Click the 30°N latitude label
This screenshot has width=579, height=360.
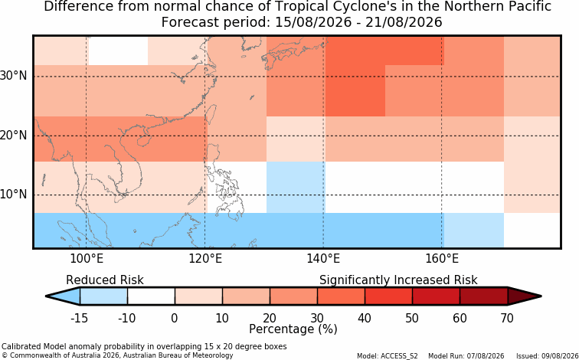pyautogui.click(x=14, y=77)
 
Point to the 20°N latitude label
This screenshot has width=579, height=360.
pyautogui.click(x=14, y=136)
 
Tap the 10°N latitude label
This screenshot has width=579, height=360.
pyautogui.click(x=14, y=195)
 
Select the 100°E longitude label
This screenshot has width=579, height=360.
pyautogui.click(x=87, y=259)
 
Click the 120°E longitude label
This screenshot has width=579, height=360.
pyautogui.click(x=205, y=259)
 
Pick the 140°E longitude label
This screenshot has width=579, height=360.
pyautogui.click(x=323, y=259)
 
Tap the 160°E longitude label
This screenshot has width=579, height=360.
pyautogui.click(x=442, y=259)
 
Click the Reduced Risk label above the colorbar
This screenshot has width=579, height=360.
pyautogui.click(x=105, y=280)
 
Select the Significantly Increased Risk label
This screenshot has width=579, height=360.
pyautogui.click(x=398, y=280)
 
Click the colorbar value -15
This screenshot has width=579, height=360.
pyautogui.click(x=80, y=318)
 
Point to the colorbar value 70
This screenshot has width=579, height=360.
pyautogui.click(x=507, y=318)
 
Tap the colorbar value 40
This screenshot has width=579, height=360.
pyautogui.click(x=365, y=318)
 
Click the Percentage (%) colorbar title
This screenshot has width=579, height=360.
pyautogui.click(x=293, y=329)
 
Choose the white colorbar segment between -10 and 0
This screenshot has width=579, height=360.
pyautogui.click(x=151, y=296)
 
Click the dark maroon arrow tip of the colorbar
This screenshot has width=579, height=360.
pyautogui.click(x=525, y=296)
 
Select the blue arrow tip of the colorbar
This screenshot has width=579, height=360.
pyautogui.click(x=63, y=296)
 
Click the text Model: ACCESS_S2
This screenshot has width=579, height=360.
pyautogui.click(x=388, y=356)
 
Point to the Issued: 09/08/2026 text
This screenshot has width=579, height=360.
pyautogui.click(x=548, y=356)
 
